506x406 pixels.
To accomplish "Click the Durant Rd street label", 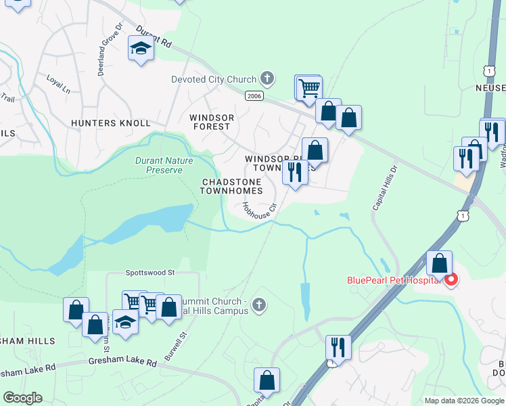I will click(x=154, y=37).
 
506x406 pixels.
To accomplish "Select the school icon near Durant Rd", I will click(x=141, y=49).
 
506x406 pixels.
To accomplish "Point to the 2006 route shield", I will click(x=254, y=97).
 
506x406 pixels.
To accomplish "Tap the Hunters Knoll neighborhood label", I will click(x=110, y=123).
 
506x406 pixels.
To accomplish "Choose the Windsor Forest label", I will click(x=212, y=122).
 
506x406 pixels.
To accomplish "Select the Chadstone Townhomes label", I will click(x=231, y=187).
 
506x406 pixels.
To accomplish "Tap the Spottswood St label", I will click(x=150, y=273).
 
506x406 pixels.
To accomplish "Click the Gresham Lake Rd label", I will click(x=122, y=363).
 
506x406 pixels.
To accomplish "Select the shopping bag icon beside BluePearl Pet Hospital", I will click(x=440, y=264).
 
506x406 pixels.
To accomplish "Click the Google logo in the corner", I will click(x=22, y=398).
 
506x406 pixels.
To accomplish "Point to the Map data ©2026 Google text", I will click(x=464, y=401).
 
